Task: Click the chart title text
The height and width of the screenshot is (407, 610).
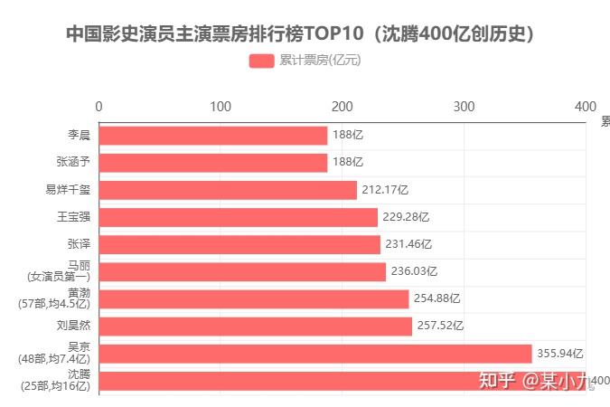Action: [x=304, y=34]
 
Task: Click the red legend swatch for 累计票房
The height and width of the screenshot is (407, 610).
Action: [x=261, y=62]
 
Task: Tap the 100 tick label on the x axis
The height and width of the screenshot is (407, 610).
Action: [x=221, y=106]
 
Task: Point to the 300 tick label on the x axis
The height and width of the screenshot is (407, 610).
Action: [x=464, y=106]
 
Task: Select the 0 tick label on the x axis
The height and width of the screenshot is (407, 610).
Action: [x=99, y=106]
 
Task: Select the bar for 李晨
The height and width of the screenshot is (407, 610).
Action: [x=212, y=136]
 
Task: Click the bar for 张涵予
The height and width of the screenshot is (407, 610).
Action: [x=212, y=163]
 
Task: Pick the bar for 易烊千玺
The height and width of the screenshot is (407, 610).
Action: [x=227, y=190]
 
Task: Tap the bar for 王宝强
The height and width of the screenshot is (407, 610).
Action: [x=238, y=217]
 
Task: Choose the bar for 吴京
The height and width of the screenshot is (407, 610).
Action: [x=314, y=353]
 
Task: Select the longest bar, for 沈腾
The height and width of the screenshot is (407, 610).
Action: [x=342, y=381]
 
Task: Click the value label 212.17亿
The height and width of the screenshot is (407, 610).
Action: [x=385, y=190]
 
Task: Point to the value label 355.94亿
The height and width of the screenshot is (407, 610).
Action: [x=560, y=353]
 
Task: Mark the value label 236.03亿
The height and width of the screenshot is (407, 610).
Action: [x=414, y=271]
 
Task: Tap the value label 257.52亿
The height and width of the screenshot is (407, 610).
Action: [x=440, y=326]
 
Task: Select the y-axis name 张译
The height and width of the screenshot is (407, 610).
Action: [x=79, y=244]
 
